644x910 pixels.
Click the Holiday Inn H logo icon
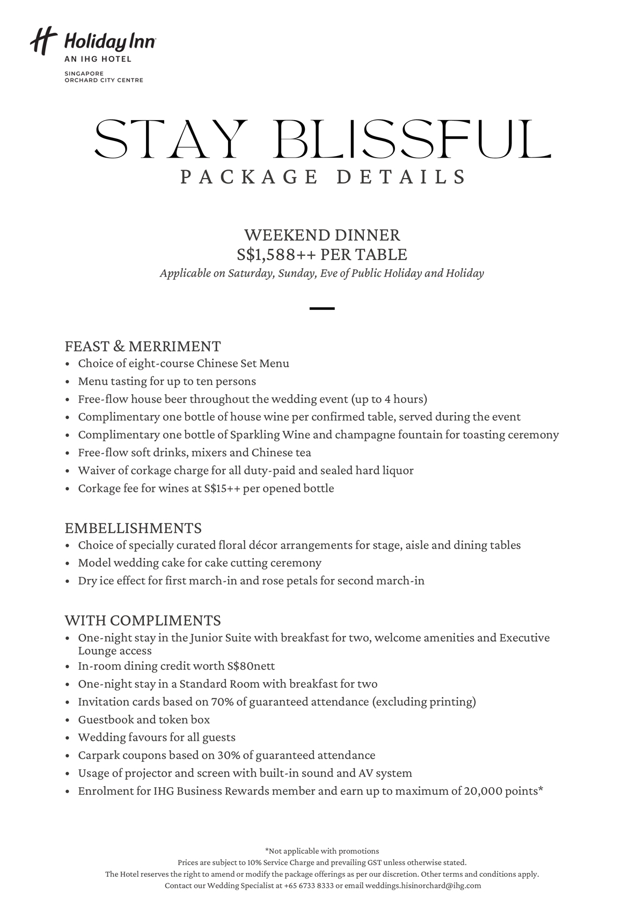43,41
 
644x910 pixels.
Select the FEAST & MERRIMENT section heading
142,346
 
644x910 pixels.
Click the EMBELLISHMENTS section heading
133,528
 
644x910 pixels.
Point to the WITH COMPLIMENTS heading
142,620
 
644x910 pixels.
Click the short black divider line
322,308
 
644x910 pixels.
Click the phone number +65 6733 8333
309,886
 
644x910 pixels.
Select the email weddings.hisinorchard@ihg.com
423,886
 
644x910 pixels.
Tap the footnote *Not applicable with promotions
322,851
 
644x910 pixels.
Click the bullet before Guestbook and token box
68,720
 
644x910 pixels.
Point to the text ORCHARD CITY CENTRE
104,80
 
